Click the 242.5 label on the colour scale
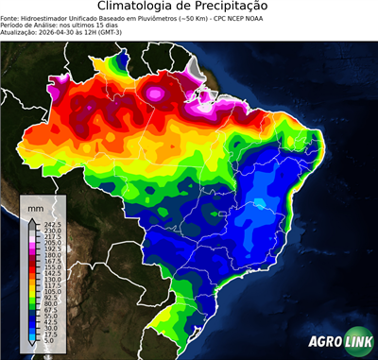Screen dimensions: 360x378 (x=49, y=224)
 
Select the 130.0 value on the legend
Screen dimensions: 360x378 (x=49, y=280)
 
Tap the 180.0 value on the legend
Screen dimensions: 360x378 (x=49, y=255)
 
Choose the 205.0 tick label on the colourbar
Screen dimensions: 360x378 (x=49, y=243)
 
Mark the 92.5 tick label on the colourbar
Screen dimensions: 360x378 (x=49, y=298)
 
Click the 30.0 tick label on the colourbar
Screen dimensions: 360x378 (x=49, y=329)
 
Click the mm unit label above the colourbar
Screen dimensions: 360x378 (x=36, y=206)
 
